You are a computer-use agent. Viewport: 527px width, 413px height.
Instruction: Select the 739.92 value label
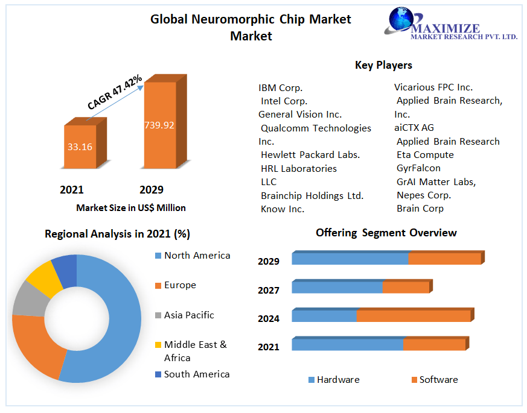pos(159,125)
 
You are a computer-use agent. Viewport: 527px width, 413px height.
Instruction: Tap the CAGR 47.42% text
pos(115,92)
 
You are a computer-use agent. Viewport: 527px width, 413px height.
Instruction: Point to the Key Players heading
pos(383,65)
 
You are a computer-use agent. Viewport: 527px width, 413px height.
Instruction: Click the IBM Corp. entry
pos(280,87)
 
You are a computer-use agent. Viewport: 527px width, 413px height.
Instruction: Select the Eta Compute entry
pos(425,155)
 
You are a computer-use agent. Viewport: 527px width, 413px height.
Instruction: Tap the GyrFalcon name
pos(418,168)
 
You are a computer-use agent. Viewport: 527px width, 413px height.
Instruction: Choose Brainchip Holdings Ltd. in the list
pos(312,195)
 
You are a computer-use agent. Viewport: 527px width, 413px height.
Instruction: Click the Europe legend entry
pos(180,285)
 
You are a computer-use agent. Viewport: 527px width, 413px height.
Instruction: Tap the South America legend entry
pos(197,374)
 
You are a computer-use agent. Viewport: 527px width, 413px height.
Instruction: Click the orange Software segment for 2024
pos(414,316)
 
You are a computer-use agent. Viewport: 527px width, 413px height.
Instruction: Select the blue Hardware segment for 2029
pos(350,259)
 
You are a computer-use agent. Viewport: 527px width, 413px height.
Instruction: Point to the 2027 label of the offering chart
pos(268,290)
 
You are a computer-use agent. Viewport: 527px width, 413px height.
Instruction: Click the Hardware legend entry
pos(337,380)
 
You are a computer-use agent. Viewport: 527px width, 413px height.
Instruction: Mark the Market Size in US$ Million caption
pos(131,208)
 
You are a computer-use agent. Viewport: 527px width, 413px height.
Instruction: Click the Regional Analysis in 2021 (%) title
pos(117,234)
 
